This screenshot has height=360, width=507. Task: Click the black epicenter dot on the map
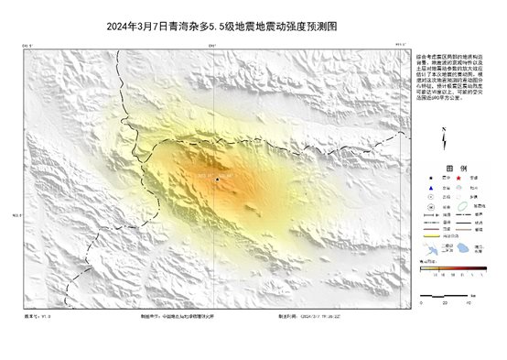217,179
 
